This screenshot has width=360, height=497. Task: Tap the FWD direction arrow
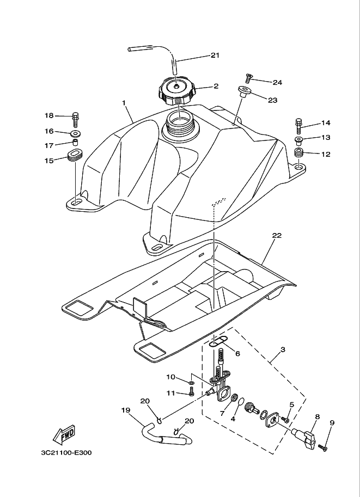point(64,434)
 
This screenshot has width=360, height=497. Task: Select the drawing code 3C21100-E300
point(66,453)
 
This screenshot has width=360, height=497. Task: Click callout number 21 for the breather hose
point(214,56)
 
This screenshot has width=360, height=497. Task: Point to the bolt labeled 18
point(75,117)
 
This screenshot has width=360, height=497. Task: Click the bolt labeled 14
point(298,125)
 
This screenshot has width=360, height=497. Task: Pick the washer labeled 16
point(76,133)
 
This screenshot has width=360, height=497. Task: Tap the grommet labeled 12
point(298,155)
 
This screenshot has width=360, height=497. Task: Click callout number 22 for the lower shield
point(277,235)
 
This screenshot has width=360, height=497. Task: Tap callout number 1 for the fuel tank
point(124,102)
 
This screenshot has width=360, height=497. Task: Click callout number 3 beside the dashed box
point(283,349)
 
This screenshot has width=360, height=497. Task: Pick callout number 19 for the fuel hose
point(125,410)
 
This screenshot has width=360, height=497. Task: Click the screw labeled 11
point(191,393)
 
